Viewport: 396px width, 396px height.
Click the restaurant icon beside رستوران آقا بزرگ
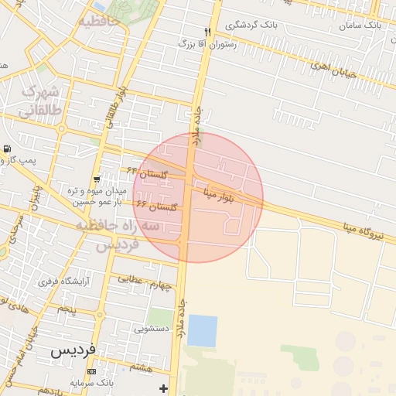point(207,31)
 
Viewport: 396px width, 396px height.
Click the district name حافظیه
point(98,21)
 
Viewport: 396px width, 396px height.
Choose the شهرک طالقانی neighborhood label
point(41,102)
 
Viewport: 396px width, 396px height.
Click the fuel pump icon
point(8,148)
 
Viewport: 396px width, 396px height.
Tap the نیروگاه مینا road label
point(366,227)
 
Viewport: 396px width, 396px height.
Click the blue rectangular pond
point(203,330)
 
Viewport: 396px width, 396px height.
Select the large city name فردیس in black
point(73,350)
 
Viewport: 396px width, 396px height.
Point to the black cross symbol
point(162,387)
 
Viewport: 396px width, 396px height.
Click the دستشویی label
point(151,328)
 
